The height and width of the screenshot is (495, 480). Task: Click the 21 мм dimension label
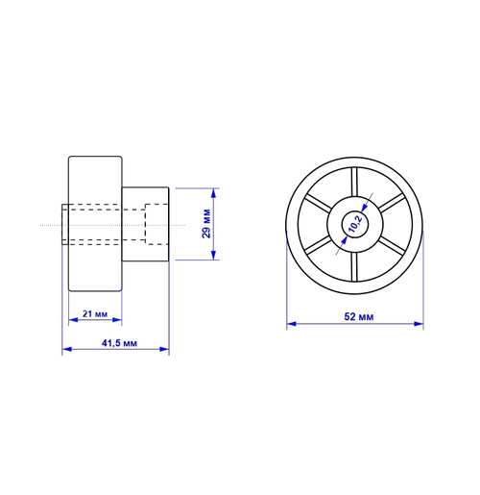[95, 314]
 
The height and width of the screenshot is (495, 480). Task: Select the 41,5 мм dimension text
[119, 343]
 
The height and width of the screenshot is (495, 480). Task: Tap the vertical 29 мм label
[206, 224]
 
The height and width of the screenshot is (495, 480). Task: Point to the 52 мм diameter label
[358, 317]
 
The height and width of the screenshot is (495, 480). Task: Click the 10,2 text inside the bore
[355, 224]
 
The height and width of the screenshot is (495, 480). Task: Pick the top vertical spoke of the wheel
[354, 182]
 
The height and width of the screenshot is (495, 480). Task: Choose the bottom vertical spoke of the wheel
[354, 266]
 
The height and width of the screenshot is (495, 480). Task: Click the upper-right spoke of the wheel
[392, 203]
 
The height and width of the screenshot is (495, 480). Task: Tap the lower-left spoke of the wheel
[317, 245]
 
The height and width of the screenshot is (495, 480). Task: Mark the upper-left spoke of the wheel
[317, 203]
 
